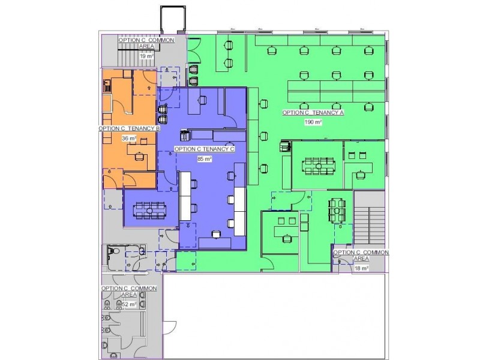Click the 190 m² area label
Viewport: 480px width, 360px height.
click(313, 122)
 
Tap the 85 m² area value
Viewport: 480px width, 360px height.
click(205, 159)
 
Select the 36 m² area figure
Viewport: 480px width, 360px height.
click(129, 139)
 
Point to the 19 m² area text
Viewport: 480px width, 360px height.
click(146, 56)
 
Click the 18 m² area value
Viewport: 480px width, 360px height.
click(361, 268)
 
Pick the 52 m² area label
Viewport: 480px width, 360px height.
click(129, 304)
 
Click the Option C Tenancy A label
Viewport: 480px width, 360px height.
click(313, 113)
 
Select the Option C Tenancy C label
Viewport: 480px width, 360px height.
click(205, 149)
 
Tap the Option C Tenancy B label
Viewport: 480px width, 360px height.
click(129, 128)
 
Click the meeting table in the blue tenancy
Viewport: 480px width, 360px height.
click(149, 211)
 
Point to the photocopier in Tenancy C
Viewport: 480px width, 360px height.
click(184, 136)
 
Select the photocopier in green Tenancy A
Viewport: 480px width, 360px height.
click(285, 146)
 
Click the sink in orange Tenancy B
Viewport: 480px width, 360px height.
click(107, 85)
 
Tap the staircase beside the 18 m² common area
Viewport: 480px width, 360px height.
click(369, 226)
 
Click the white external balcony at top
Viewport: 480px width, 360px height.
click(173, 19)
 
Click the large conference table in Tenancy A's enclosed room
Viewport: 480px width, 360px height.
click(319, 166)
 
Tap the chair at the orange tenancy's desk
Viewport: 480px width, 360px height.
click(139, 156)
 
